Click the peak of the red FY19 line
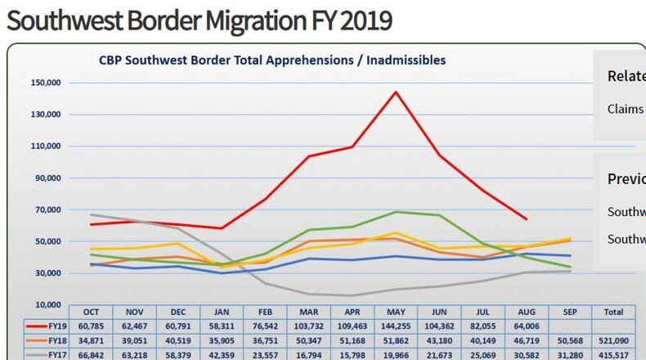397,92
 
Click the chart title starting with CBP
271,61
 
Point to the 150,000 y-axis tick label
45,83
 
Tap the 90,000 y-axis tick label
47,178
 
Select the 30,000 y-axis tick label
47,273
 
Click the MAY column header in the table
397,312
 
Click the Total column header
612,312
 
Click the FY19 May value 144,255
397,325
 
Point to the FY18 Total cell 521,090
612,340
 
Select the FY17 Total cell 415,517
612,354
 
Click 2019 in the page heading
365,20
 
